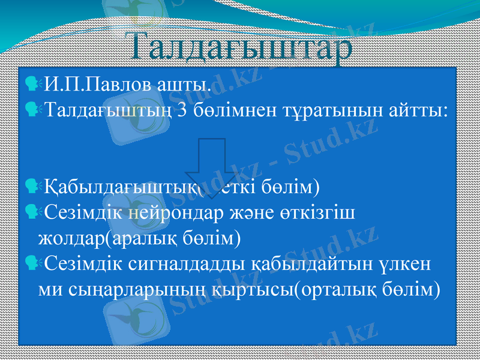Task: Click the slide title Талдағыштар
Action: coord(240,47)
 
